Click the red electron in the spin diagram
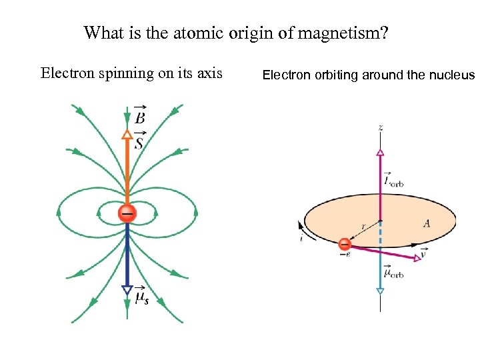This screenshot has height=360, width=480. pos(127,213)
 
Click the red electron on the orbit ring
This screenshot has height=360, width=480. pos(345,244)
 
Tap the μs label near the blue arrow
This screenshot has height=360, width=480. pos(141,297)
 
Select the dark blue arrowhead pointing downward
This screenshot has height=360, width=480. pos(127,289)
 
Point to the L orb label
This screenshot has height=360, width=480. pos(393,179)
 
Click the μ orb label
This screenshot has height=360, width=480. pos(395,273)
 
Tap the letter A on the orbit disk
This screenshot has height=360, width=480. pos(427,224)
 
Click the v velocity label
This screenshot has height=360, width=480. pos(424,253)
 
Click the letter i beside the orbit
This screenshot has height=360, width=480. pos(301,237)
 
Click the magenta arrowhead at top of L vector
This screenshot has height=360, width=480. pos(380,153)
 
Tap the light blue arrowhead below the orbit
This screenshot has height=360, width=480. pos(380,291)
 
